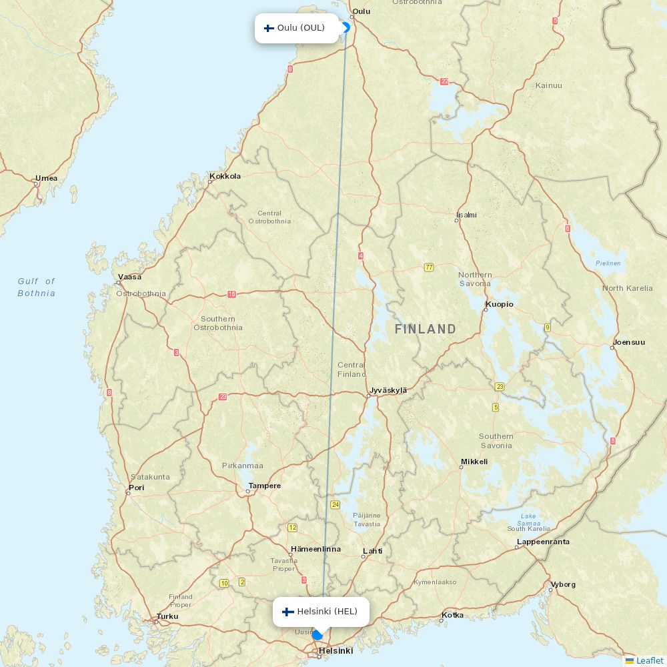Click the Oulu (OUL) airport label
click(x=301, y=28)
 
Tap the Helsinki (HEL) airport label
click(x=327, y=612)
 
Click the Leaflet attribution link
click(x=649, y=660)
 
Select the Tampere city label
click(x=264, y=486)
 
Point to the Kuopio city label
click(x=500, y=304)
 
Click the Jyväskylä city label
click(x=388, y=390)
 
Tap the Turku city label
click(x=167, y=616)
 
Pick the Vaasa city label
click(x=129, y=277)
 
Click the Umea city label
click(x=47, y=178)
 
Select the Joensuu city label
click(x=629, y=342)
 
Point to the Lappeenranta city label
click(x=543, y=542)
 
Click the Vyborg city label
click(x=562, y=584)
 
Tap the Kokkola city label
click(x=225, y=176)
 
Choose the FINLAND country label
click(x=426, y=329)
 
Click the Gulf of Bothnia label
click(x=37, y=287)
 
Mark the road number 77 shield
click(x=429, y=267)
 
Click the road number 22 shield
click(x=444, y=81)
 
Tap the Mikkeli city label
click(x=474, y=462)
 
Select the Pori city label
click(x=136, y=488)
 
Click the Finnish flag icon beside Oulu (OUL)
click(x=269, y=28)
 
